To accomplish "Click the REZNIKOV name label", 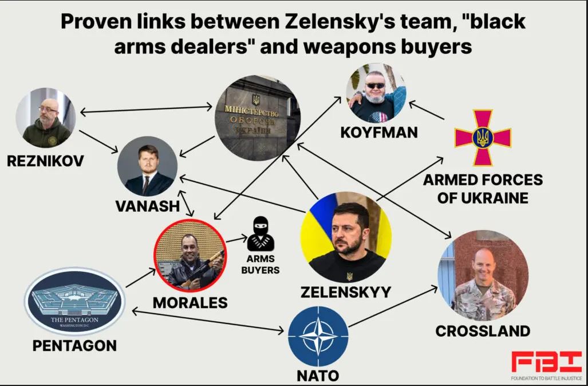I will (45, 160).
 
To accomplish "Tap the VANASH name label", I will (148, 206).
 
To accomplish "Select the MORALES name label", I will (190, 302).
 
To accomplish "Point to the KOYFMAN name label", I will (379, 132).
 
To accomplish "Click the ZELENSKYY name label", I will (346, 292).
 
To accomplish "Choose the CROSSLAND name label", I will (483, 331).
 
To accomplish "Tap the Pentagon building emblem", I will (74, 301).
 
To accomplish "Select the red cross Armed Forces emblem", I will (483, 137).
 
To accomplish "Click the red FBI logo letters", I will (546, 363).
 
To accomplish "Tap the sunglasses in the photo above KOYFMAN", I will (376, 86).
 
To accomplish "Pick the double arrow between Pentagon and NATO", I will (208, 321).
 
